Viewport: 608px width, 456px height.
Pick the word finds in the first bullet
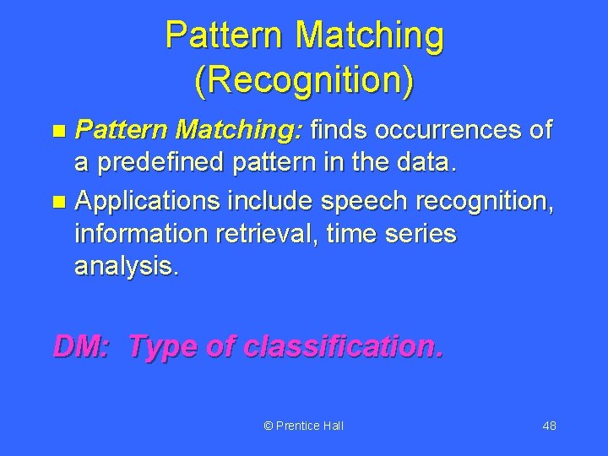(x=341, y=131)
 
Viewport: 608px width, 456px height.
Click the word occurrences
(x=451, y=131)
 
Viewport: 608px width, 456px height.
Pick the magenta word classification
(x=342, y=345)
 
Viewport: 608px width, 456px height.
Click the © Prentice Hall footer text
(x=304, y=426)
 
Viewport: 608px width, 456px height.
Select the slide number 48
(x=549, y=426)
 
